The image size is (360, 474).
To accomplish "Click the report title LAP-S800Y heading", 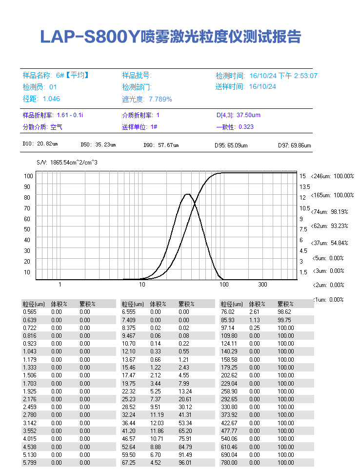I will click(x=171, y=37).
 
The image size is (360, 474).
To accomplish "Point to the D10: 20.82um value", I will click(x=40, y=144).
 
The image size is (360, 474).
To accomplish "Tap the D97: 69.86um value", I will click(x=295, y=145).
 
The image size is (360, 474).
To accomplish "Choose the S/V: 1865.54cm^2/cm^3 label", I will click(x=67, y=162).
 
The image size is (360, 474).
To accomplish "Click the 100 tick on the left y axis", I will click(x=28, y=176).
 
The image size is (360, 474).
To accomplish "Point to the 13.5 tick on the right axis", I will click(x=304, y=186).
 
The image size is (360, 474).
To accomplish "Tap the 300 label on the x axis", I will click(x=262, y=285).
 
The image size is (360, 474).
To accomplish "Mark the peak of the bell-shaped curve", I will click(x=187, y=194).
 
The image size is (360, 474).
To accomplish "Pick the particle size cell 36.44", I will click(x=128, y=423).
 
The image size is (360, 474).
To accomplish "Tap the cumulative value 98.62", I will click(x=285, y=311).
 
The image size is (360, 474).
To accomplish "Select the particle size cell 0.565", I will click(x=29, y=311).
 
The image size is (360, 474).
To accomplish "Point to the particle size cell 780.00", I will click(x=228, y=462).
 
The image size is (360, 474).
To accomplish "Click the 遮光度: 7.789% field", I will click(x=147, y=99).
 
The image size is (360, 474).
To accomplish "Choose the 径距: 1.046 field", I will click(x=41, y=99).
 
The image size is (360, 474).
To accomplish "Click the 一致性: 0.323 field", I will click(x=235, y=127).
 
